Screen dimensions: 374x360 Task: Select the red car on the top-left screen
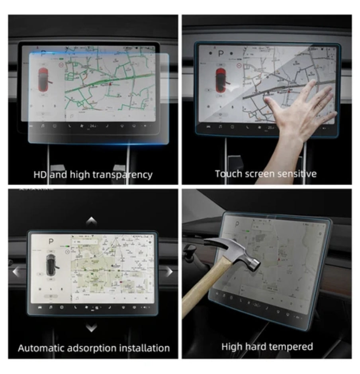45,78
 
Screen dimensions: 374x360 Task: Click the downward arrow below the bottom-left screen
92,328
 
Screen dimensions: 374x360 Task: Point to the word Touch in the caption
227,174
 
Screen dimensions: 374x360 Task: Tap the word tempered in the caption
292,347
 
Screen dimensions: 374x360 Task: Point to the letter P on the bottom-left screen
51,241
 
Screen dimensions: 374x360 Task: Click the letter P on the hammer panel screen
238,224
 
